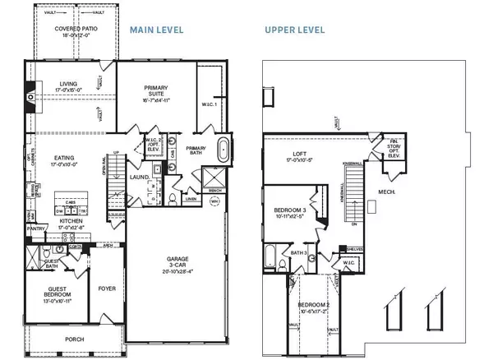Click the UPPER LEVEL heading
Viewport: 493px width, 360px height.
click(x=294, y=30)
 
